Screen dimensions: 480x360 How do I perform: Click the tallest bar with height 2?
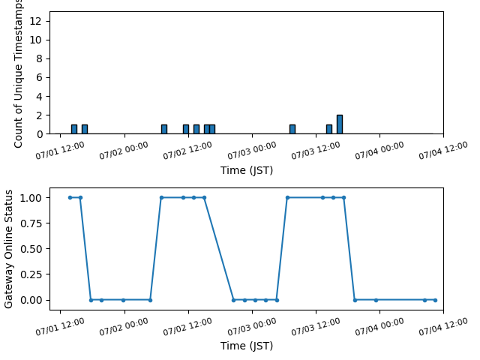[340, 124]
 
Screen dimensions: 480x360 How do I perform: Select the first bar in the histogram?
[74, 130]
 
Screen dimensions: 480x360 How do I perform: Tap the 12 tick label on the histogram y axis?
[35, 21]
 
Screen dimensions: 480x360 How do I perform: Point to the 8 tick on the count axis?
[39, 58]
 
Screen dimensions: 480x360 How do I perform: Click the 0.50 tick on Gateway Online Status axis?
[31, 249]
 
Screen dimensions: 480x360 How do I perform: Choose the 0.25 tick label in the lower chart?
[31, 274]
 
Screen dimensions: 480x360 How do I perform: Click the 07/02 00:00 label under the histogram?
[124, 151]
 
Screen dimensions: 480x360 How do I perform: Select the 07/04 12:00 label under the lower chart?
[443, 326]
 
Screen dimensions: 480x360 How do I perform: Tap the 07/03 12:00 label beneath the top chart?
[315, 151]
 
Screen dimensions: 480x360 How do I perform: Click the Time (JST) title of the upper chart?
[247, 170]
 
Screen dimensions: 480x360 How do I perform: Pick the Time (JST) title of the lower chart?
[247, 346]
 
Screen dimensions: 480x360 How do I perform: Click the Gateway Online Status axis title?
[8, 249]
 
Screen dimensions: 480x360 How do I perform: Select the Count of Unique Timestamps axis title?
[18, 73]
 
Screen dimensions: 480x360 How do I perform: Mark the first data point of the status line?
[70, 197]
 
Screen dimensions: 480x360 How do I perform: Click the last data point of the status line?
[435, 300]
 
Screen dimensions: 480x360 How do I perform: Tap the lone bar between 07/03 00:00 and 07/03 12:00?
[292, 130]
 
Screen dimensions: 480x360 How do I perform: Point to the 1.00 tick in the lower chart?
[31, 198]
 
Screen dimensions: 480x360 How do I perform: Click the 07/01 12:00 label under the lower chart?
[60, 326]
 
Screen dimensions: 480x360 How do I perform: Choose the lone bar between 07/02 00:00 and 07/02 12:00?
[164, 130]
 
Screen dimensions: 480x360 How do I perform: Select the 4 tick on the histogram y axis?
[39, 97]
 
